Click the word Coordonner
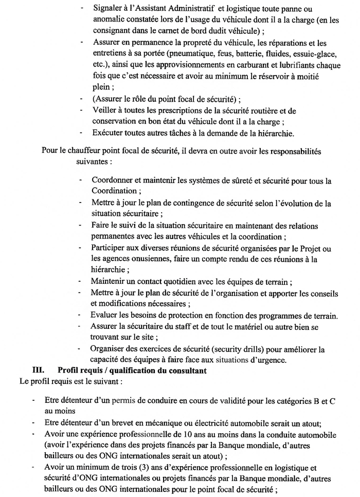point(114,182)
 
